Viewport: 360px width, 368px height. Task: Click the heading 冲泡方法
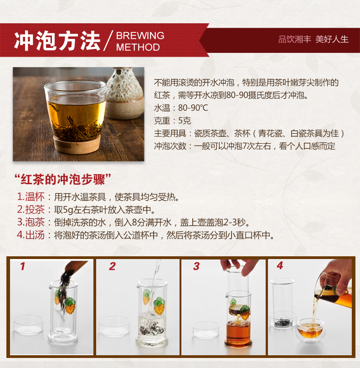57,41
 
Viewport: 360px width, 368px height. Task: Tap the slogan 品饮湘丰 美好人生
313,39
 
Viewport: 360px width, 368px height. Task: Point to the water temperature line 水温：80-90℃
181,108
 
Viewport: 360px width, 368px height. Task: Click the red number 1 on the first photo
22,266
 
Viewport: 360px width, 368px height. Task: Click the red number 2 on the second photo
112,266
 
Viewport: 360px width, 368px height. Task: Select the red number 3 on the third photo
196,266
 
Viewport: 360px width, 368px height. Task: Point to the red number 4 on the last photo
280,265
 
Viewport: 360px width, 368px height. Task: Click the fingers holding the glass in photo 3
237,266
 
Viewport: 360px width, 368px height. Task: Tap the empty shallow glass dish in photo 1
28,325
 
